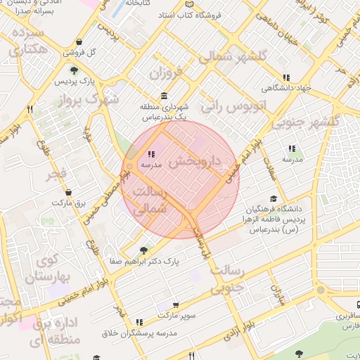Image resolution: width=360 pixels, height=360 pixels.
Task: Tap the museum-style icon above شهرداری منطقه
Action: point(164,96)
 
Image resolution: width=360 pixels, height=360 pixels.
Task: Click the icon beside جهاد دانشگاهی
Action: point(285,77)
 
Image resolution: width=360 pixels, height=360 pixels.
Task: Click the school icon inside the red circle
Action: point(150,154)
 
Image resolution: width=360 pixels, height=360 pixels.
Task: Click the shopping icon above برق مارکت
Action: point(68,192)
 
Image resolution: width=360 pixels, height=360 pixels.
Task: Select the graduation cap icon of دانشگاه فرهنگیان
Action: point(273,199)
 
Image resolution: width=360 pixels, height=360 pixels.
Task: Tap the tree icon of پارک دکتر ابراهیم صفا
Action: point(144,250)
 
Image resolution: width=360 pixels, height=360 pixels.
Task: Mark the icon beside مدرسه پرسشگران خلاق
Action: point(139,322)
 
